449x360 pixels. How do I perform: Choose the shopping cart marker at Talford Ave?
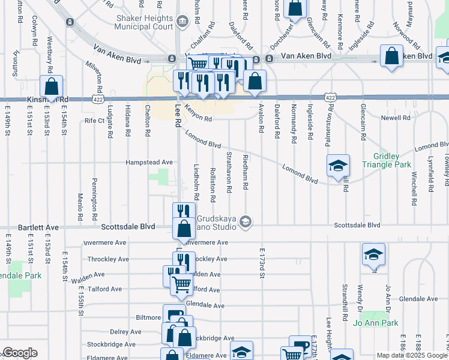181,284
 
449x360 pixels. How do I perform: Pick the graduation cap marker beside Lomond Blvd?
338,165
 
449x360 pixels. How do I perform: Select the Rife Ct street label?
94,121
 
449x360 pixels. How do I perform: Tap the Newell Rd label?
395,118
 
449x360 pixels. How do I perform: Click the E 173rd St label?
262,265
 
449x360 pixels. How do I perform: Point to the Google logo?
20,353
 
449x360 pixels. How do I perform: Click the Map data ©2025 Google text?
411,355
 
